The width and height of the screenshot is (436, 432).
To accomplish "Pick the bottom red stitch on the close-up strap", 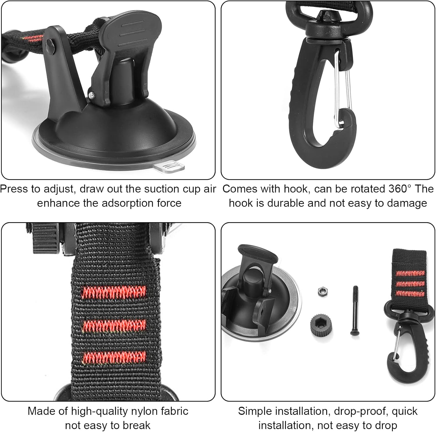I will point(114,357).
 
